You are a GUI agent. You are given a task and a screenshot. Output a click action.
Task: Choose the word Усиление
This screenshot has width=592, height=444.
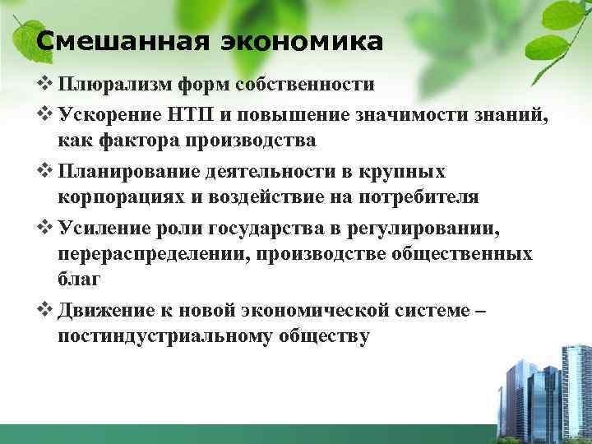pyautogui.click(x=102, y=226)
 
